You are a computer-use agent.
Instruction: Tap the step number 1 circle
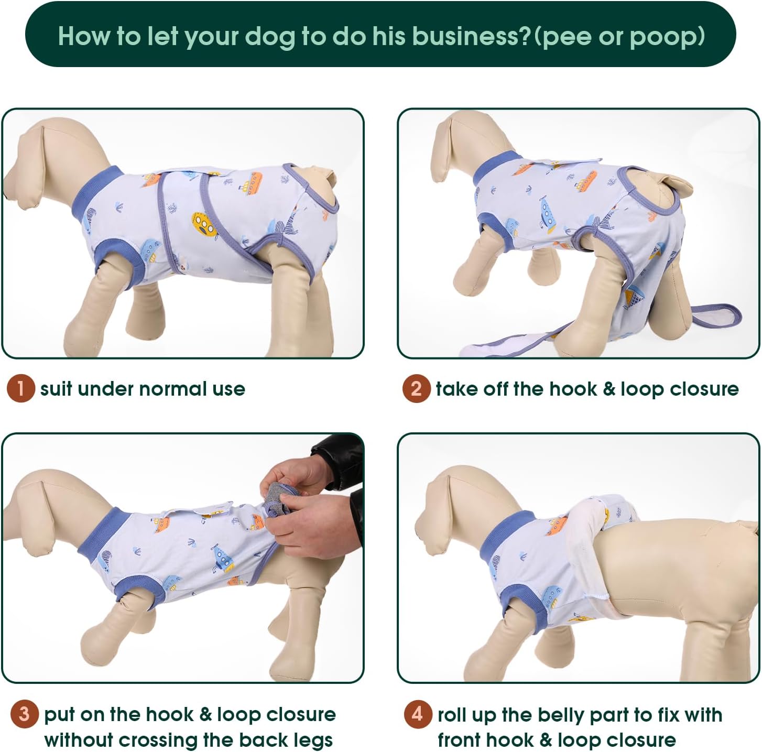[20, 388]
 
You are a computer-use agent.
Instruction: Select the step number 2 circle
[417, 388]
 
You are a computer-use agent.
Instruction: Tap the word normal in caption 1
[172, 389]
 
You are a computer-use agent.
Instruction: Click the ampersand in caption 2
[611, 389]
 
